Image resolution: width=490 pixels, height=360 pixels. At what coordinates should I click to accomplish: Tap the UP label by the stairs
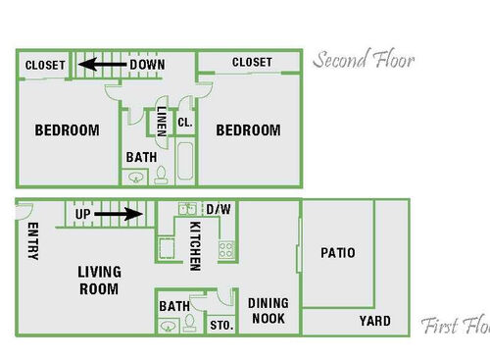[x=83, y=213]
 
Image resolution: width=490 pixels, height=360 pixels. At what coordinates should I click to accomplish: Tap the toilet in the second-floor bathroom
[x=161, y=176]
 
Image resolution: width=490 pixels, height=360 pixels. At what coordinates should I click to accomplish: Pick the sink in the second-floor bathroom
[x=136, y=177]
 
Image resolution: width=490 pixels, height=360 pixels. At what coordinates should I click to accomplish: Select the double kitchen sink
[x=186, y=209]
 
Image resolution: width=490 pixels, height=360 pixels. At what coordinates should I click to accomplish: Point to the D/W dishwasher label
[x=218, y=209]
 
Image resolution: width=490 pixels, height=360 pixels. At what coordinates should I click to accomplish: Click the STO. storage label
[x=220, y=326]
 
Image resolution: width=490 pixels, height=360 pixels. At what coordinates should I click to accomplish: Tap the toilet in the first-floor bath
[x=192, y=325]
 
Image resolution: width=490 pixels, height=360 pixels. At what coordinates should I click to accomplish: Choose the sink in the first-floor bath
[x=167, y=325]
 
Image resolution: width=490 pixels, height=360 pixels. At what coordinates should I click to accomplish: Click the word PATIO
[x=338, y=253]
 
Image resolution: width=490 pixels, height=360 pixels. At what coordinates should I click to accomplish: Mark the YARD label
[x=373, y=321]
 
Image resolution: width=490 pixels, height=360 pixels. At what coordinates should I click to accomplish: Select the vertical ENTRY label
[x=33, y=241]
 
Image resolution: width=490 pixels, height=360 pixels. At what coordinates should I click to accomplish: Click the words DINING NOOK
[x=268, y=311]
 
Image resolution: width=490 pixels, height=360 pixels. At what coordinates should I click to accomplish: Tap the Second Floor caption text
[x=364, y=61]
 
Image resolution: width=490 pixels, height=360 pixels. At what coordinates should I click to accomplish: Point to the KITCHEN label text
[x=195, y=244]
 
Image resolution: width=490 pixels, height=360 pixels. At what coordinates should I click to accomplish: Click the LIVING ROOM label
[x=99, y=280]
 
